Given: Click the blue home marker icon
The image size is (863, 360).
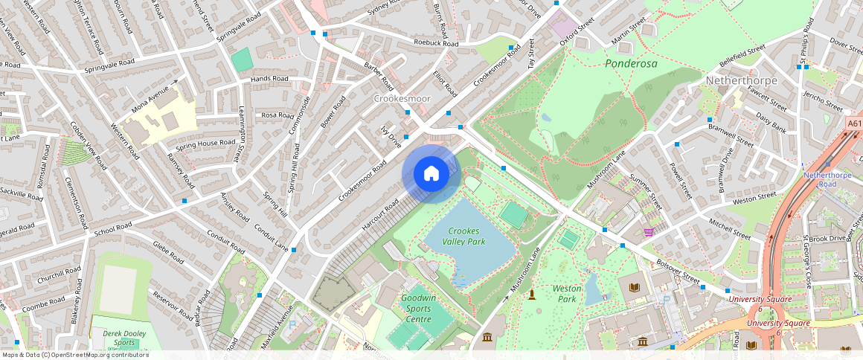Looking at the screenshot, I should click(x=431, y=174).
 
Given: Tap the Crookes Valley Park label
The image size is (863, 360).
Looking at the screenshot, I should click(x=466, y=236).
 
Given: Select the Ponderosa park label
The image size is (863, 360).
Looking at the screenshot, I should click(x=631, y=63).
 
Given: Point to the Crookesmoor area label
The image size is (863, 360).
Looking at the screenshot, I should click(x=401, y=98).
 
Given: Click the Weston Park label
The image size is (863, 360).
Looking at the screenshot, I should click(x=567, y=293).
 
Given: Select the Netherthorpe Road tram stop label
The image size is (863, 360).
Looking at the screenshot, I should click(x=826, y=179).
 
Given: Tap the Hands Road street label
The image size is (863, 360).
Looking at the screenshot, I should click(x=269, y=78).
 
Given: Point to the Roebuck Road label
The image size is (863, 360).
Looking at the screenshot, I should click(x=436, y=43).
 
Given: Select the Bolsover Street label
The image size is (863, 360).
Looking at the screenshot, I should click(x=678, y=272).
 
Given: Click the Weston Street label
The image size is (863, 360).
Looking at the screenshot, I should click(x=754, y=198).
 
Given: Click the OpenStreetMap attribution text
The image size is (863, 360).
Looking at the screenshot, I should click(x=75, y=355).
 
